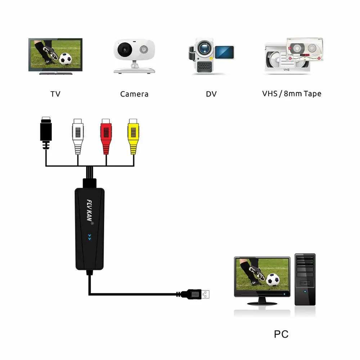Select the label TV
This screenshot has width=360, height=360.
coord(55,94)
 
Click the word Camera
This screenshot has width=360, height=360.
coord(134,94)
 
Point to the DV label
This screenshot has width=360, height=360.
coord(211,94)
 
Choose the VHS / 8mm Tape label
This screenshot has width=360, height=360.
coord(292,94)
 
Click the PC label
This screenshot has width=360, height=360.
coord(281,334)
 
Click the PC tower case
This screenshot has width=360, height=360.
coord(305,279)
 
